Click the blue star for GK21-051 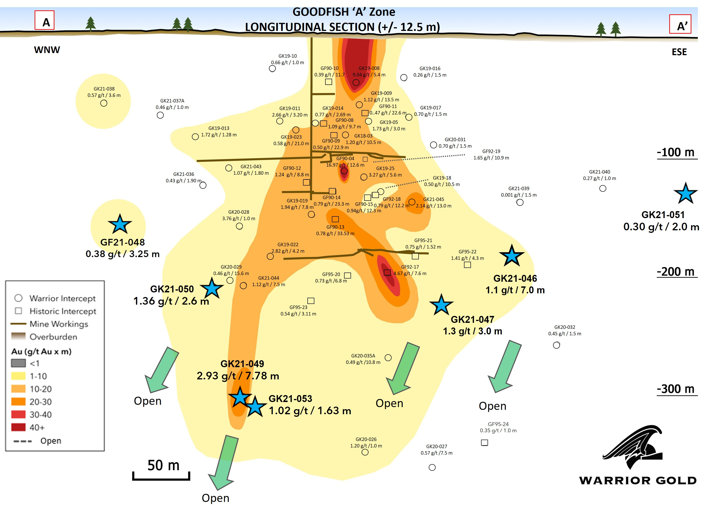point(685,194)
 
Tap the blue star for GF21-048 point(119,224)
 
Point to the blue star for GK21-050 point(212,288)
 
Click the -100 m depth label point(676,153)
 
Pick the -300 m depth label point(676,389)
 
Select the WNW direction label point(47,50)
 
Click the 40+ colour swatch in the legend point(18,427)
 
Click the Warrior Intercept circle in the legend point(18,298)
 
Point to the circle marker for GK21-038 point(104,103)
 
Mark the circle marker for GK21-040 point(603,189)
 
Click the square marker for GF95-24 point(484,443)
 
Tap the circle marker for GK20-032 point(556,345)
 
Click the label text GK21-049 point(242,364)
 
